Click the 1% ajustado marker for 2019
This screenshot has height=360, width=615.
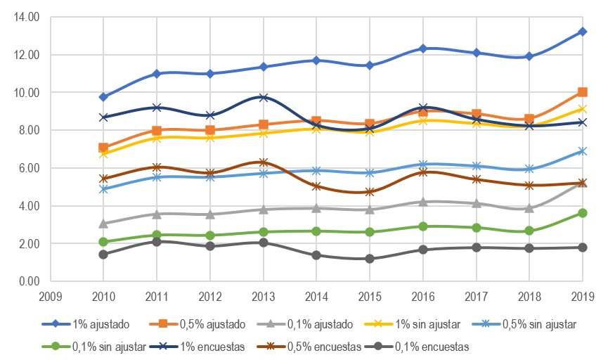point(583,32)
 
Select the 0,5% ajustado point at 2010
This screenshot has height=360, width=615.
point(103,148)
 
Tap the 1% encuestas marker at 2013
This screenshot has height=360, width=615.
point(263,98)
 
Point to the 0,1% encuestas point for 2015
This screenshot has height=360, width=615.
point(370,259)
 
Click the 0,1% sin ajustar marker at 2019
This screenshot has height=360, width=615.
point(583,213)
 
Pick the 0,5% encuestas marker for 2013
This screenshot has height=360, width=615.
point(263,162)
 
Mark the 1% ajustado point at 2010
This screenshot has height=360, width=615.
point(103,97)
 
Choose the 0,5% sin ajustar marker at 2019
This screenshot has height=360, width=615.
point(583,151)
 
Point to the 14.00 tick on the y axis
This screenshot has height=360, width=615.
point(26,16)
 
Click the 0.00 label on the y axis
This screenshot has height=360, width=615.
point(28,281)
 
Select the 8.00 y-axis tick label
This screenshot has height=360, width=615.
point(28,130)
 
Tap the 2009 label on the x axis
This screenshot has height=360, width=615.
point(50,295)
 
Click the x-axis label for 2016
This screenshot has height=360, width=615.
point(423,295)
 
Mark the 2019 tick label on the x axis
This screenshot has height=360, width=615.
point(583,295)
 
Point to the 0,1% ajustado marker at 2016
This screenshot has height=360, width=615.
point(423,202)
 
